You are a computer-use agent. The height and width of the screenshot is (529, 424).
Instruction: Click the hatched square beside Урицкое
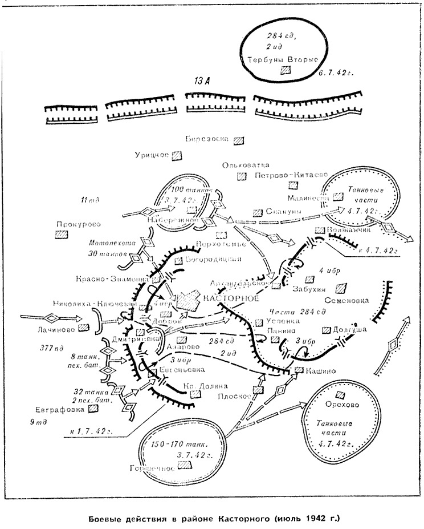(x=178, y=155)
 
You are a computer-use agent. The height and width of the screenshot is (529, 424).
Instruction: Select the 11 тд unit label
(x=91, y=200)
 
